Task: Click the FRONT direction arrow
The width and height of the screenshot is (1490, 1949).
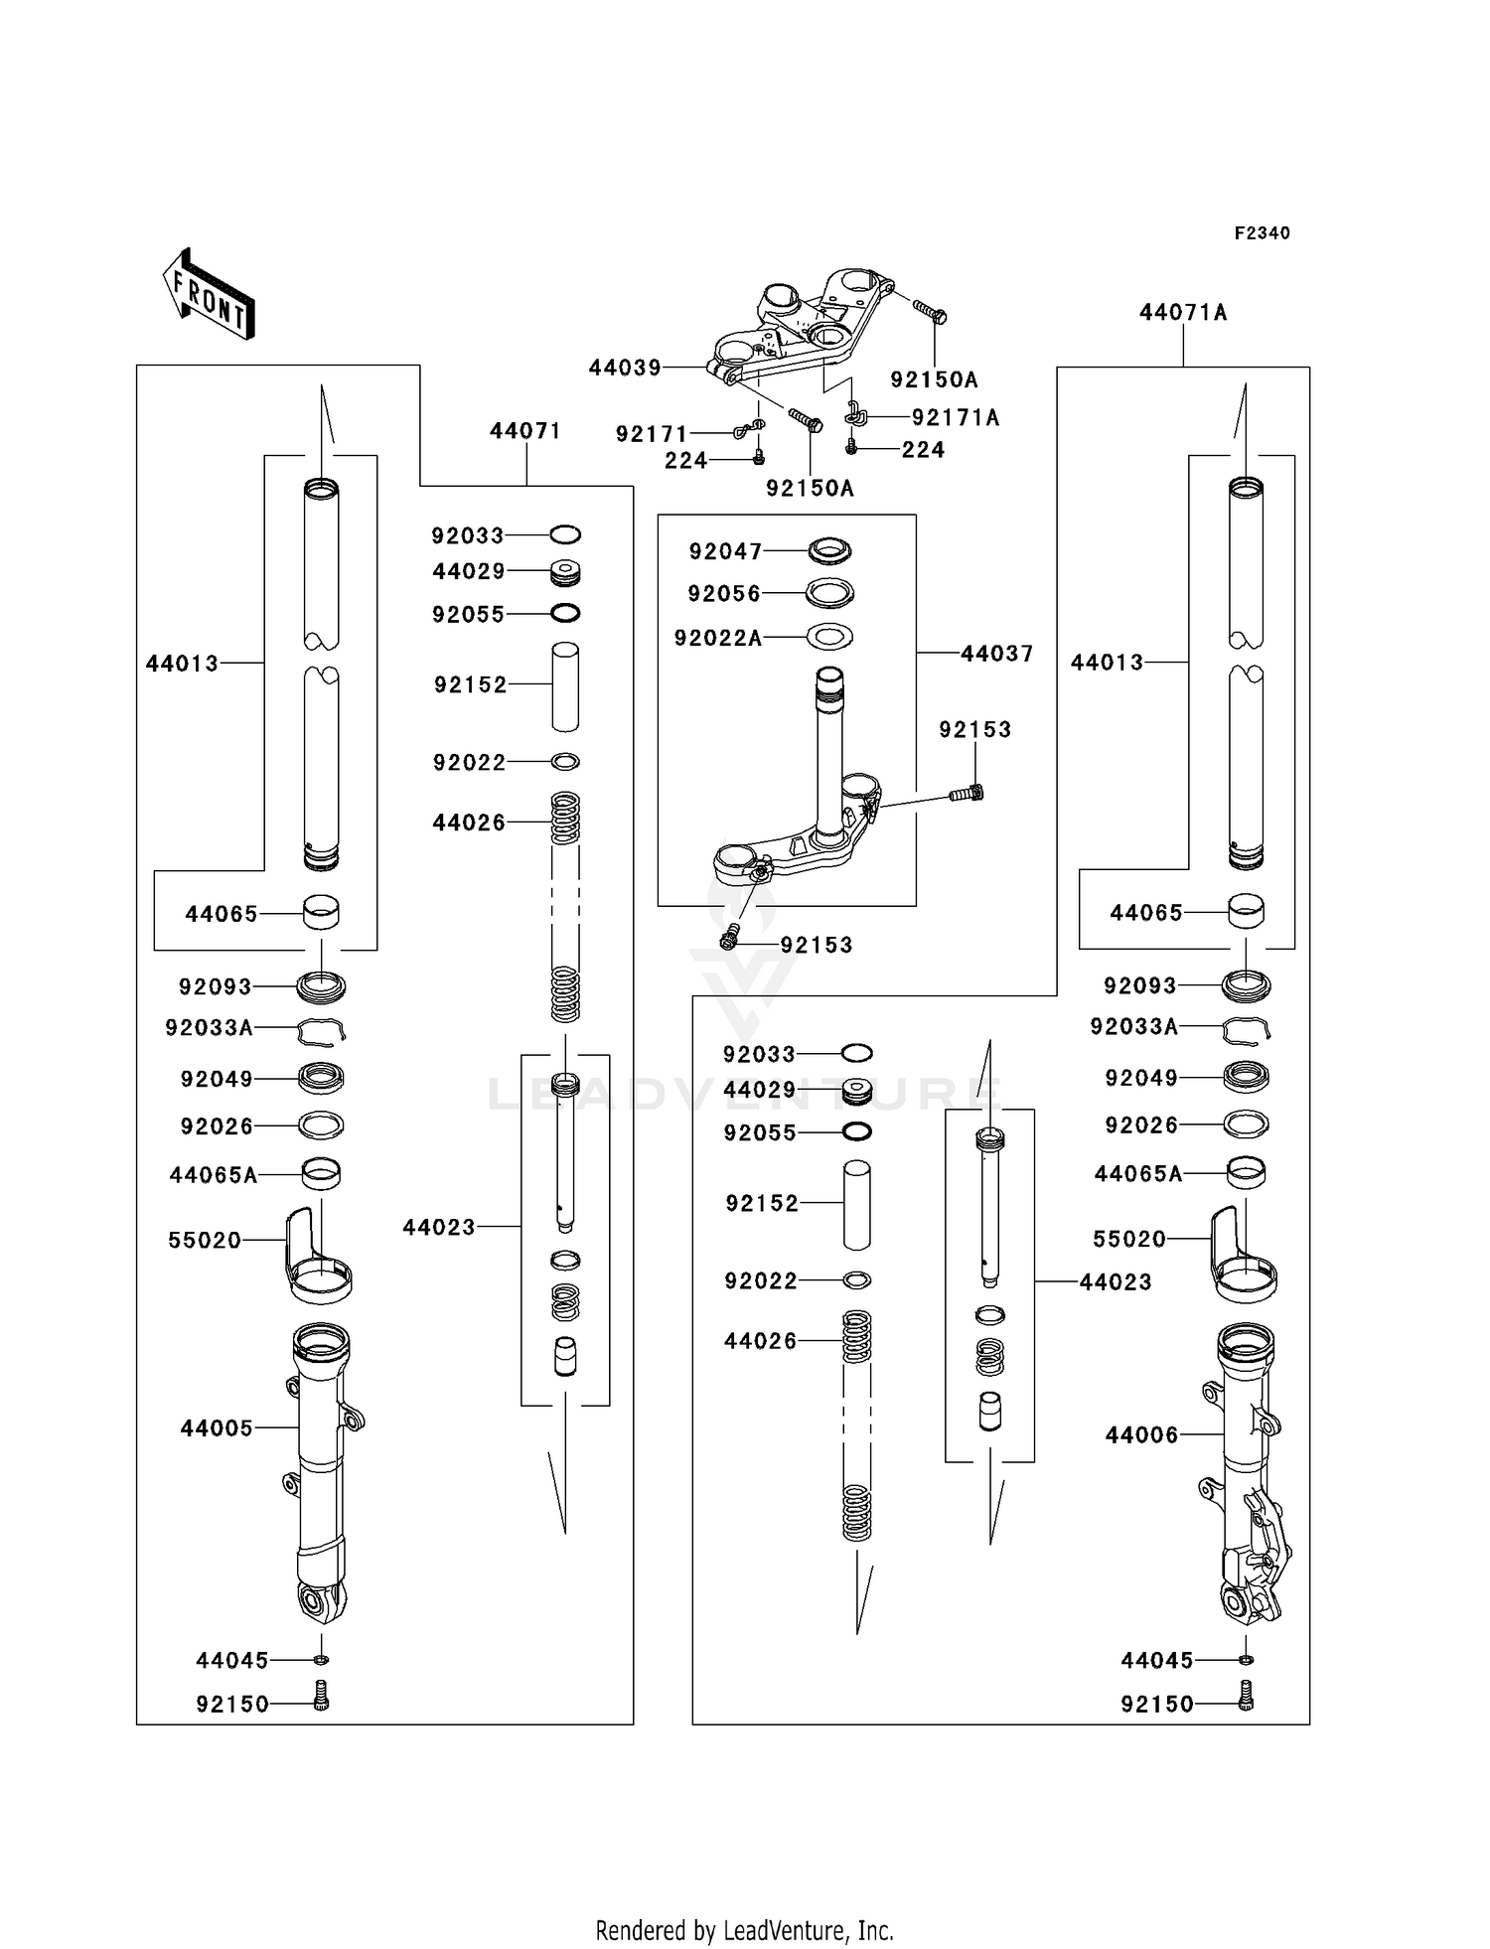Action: [x=209, y=294]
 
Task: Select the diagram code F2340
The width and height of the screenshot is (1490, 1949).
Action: [x=1262, y=233]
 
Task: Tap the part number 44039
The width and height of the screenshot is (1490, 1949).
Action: [x=625, y=369]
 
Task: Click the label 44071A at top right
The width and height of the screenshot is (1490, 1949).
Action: [x=1183, y=313]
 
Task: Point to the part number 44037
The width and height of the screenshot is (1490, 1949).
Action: [x=997, y=654]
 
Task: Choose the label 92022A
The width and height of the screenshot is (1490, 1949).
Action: [x=718, y=639]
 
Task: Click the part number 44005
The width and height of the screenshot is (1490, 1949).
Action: [x=217, y=1428]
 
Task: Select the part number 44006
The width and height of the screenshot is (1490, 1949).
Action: [x=1141, y=1435]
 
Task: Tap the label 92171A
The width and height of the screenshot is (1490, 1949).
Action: [x=956, y=418]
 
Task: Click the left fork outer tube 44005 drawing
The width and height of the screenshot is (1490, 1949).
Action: [x=322, y=1470]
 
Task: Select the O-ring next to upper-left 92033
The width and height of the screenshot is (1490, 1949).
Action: [x=564, y=535]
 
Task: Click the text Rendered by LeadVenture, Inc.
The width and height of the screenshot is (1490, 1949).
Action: [x=744, y=1929]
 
